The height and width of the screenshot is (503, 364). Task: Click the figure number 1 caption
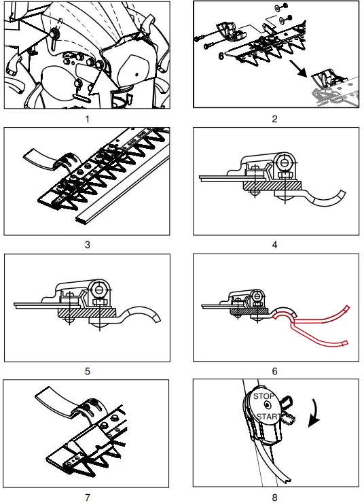click(x=88, y=120)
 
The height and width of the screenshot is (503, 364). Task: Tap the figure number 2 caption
click(x=274, y=120)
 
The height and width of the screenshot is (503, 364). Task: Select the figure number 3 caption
click(x=88, y=245)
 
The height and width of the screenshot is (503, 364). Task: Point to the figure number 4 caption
click(x=274, y=245)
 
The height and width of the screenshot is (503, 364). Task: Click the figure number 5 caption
click(x=88, y=372)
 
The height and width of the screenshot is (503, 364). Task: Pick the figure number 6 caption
click(x=274, y=372)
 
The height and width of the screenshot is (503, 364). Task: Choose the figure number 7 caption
click(x=88, y=498)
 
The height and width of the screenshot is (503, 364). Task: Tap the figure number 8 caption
click(x=274, y=498)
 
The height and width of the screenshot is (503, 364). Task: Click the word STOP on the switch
click(x=263, y=396)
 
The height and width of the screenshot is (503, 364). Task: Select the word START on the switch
click(x=268, y=417)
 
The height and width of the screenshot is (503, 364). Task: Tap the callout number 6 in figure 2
click(x=221, y=56)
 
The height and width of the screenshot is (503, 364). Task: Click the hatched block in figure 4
click(x=272, y=185)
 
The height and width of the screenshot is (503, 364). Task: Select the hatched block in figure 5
click(x=86, y=312)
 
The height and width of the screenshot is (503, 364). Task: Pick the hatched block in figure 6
click(x=249, y=311)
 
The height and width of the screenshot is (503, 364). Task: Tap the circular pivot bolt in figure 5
click(x=99, y=290)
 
